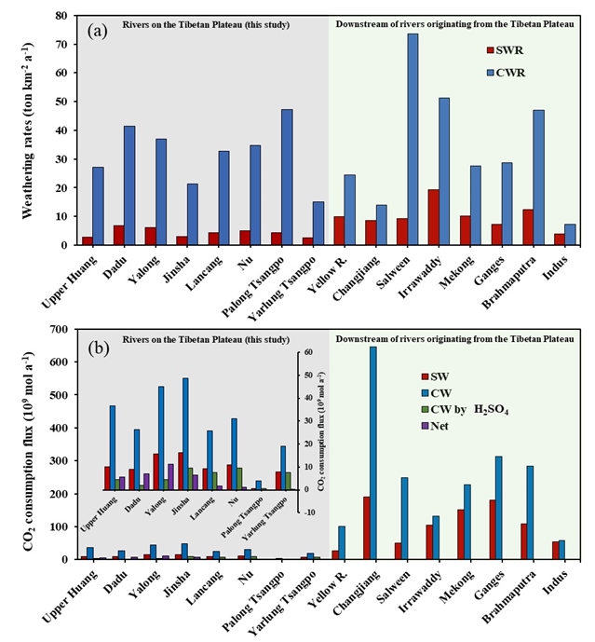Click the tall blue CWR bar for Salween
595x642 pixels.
pyautogui.click(x=412, y=140)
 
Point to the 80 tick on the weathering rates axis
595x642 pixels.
pyautogui.click(x=60, y=16)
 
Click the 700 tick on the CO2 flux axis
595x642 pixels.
pyautogui.click(x=56, y=329)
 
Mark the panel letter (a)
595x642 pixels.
pyautogui.click(x=99, y=32)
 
